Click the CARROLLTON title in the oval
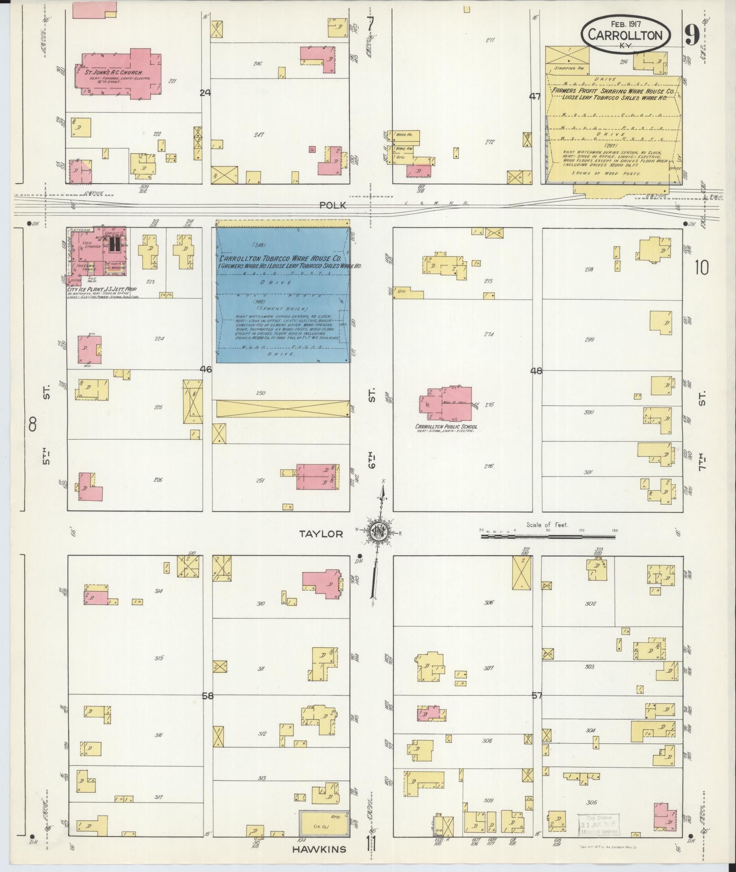(x=625, y=35)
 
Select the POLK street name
(x=333, y=206)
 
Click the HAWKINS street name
(x=319, y=849)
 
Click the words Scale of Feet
(x=547, y=525)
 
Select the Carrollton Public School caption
(x=446, y=427)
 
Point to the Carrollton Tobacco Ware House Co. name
(x=282, y=259)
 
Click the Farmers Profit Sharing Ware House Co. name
(x=615, y=91)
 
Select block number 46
(x=206, y=370)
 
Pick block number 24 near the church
(x=205, y=93)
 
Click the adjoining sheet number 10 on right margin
(x=701, y=268)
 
